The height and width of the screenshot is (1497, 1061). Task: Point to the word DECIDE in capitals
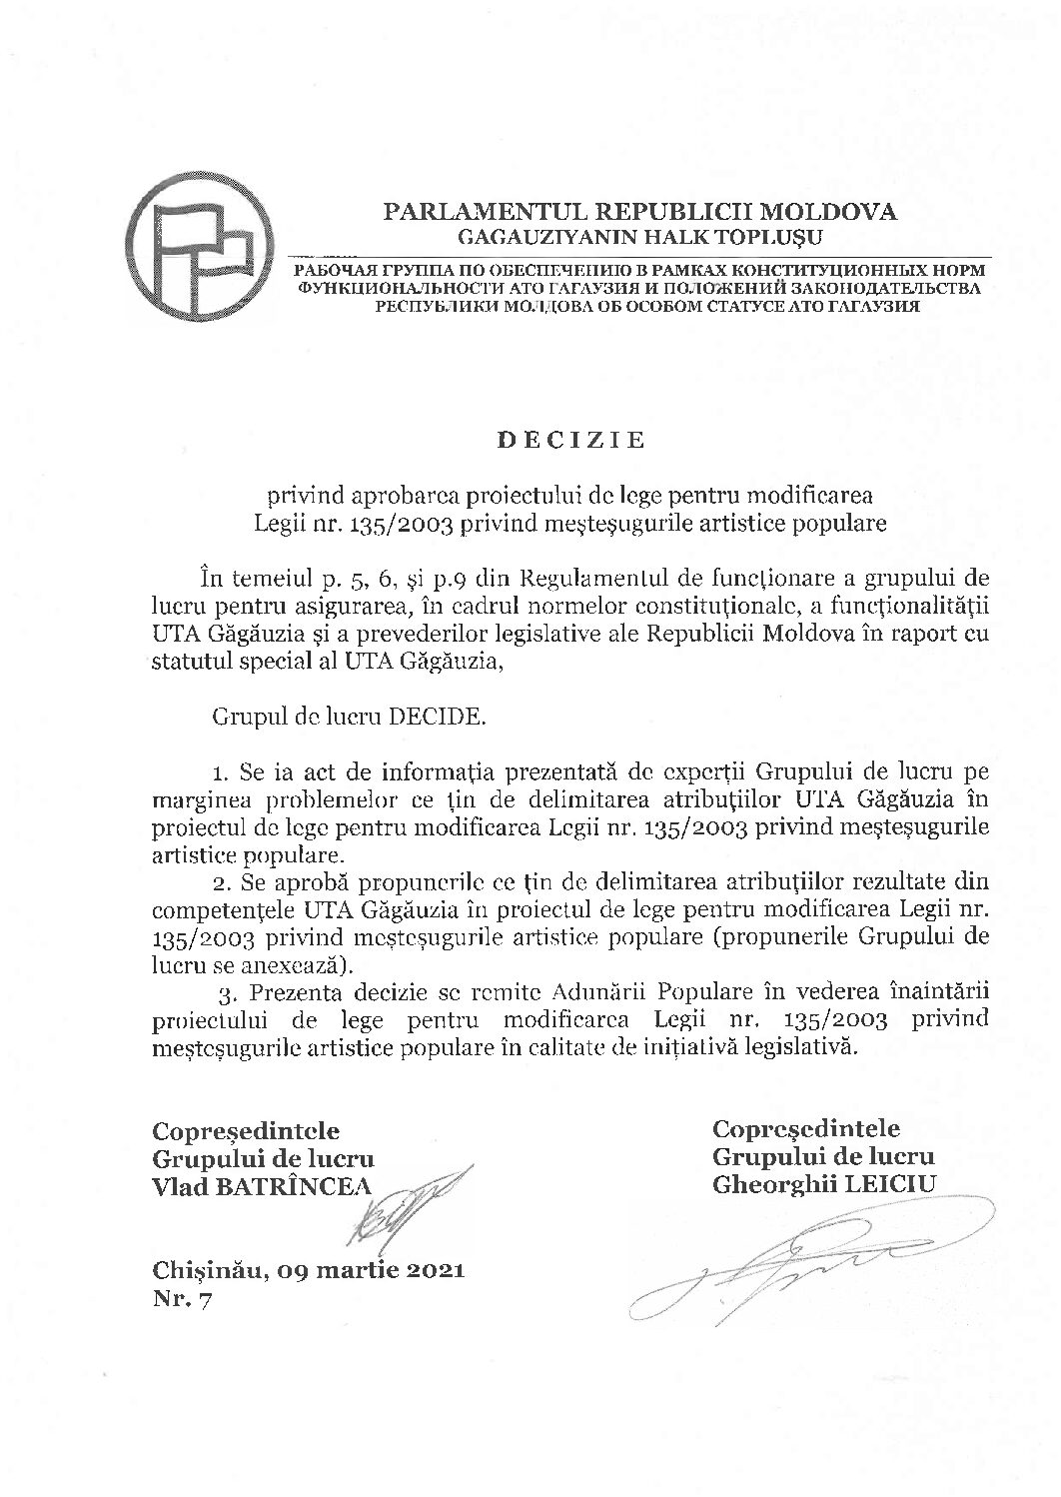[x=435, y=717]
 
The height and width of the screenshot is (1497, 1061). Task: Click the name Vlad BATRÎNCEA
[x=259, y=1185]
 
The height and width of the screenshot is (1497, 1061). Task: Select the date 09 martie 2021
[x=372, y=1271]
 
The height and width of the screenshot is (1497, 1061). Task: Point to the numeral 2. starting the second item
[x=221, y=883]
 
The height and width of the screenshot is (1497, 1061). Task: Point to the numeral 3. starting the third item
[x=226, y=993]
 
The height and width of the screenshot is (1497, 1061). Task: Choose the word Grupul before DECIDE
[x=247, y=717]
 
